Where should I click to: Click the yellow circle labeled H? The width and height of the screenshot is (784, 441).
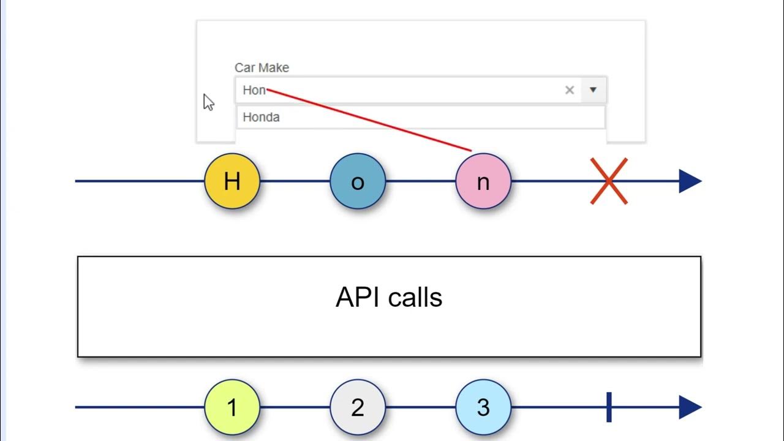(x=232, y=181)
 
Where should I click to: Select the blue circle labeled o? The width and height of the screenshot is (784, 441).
(x=358, y=181)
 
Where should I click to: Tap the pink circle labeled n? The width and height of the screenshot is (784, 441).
(x=483, y=181)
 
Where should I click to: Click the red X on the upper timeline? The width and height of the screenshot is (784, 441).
(x=608, y=181)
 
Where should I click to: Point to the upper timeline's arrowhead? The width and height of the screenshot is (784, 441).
(x=690, y=181)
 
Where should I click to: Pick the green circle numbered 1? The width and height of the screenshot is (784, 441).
(x=232, y=407)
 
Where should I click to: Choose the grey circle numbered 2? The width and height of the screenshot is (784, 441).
(x=358, y=407)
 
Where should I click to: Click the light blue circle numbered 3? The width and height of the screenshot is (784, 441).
(x=483, y=407)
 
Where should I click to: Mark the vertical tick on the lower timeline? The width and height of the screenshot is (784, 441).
(x=609, y=407)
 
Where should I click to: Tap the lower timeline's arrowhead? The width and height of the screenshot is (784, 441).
(x=690, y=407)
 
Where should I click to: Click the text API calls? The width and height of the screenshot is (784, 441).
(x=389, y=298)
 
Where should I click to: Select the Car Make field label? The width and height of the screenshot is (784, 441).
(x=262, y=67)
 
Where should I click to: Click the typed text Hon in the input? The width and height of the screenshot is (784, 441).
(x=254, y=90)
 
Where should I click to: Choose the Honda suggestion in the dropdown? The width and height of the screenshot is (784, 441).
(x=262, y=117)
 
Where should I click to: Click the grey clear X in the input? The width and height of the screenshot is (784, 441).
(x=570, y=90)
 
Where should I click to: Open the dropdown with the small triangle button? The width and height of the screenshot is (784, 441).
(x=593, y=90)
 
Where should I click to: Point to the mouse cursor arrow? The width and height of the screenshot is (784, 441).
(x=208, y=102)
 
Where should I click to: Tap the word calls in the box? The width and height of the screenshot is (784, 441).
(x=417, y=298)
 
